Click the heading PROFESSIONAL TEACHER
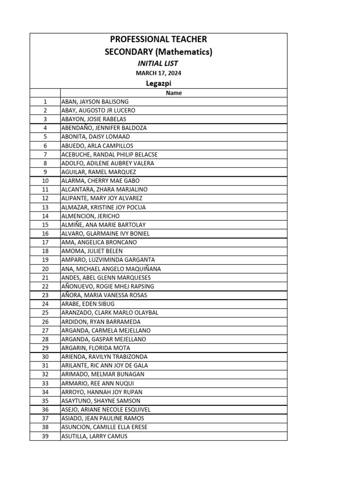[x=158, y=39]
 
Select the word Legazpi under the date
[x=158, y=83]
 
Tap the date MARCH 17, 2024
[x=158, y=73]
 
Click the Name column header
[x=173, y=93]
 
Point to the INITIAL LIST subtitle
[x=158, y=63]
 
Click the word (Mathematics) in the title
[x=185, y=52]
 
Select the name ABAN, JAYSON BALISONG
[x=95, y=102]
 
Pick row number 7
[x=45, y=154]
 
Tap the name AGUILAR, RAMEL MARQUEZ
[x=99, y=172]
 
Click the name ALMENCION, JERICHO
[x=90, y=216]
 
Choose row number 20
[x=45, y=269]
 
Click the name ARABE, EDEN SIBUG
[x=88, y=304]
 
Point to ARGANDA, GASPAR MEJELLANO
[x=104, y=339]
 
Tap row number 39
[x=45, y=436]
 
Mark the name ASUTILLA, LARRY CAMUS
[x=94, y=436]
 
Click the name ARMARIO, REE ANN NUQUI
[x=97, y=383]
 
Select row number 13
[x=45, y=207]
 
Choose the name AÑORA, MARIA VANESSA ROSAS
[x=104, y=295]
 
